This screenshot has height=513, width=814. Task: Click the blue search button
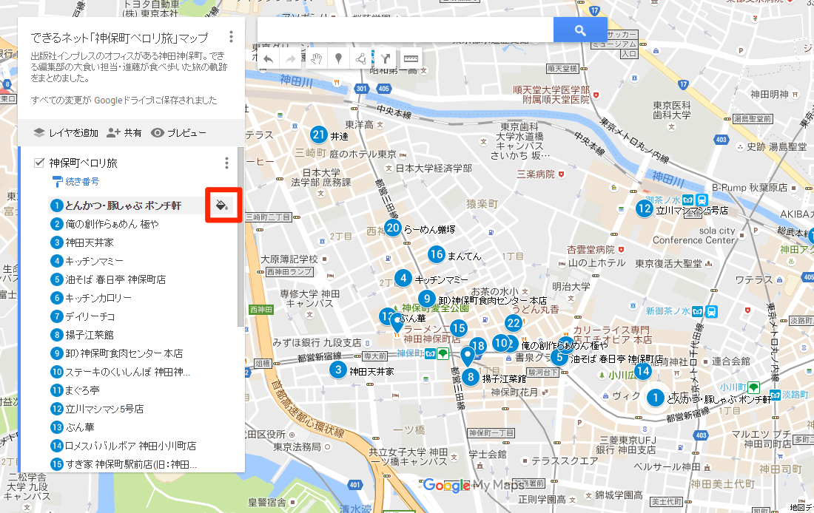(580, 30)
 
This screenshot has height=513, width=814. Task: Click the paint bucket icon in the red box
(221, 205)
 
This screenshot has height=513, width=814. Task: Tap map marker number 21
(319, 135)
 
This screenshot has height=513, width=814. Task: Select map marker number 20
(392, 228)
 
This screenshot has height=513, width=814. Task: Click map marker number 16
(436, 255)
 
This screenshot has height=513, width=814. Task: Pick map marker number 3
(338, 370)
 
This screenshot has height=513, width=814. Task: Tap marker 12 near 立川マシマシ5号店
(644, 209)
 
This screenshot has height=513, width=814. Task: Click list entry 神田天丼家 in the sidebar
(88, 242)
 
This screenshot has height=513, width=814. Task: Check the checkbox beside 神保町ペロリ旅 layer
(39, 163)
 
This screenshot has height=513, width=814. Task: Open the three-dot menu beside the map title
(232, 36)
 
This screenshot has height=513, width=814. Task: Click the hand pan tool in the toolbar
(316, 58)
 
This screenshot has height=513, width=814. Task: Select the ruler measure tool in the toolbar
(411, 58)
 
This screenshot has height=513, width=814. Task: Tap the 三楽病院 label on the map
(536, 174)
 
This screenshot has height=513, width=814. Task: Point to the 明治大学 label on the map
(571, 286)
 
